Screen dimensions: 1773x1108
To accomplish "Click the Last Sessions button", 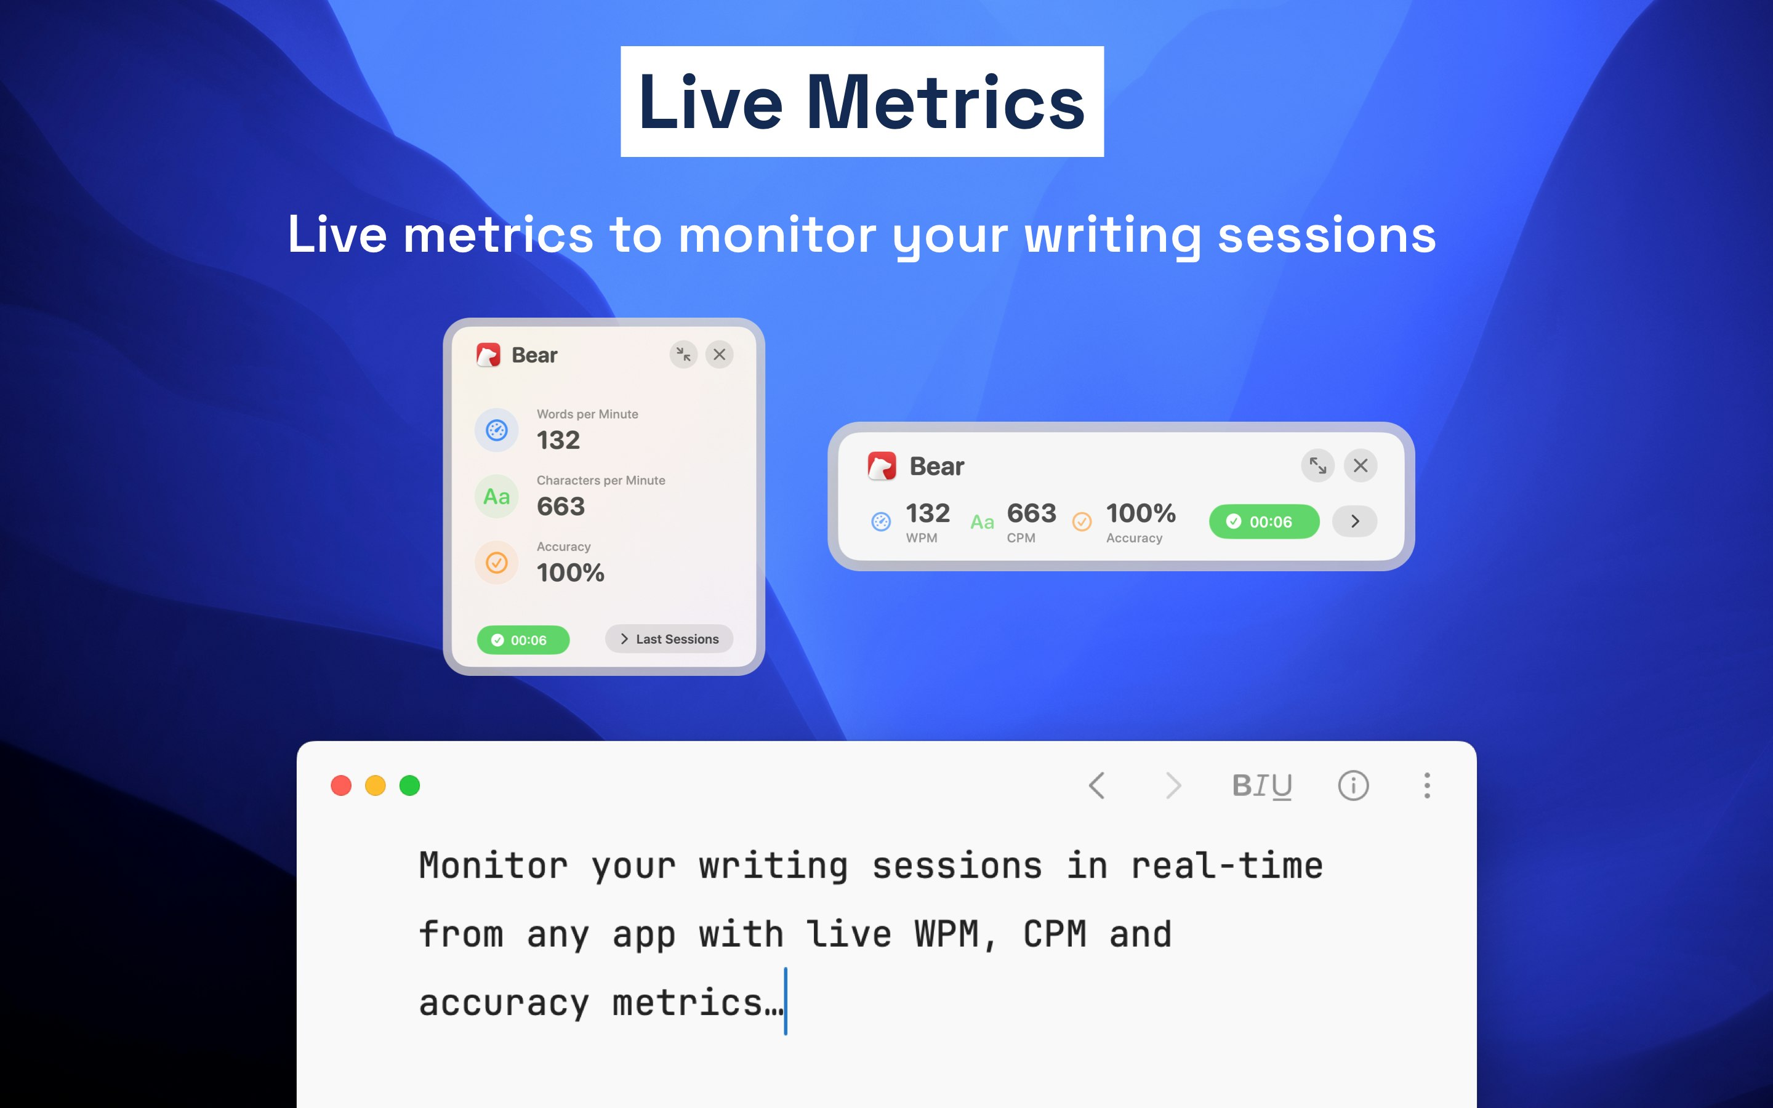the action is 669,639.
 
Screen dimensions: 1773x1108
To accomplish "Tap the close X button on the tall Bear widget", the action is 720,355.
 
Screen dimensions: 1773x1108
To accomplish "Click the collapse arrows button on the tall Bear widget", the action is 683,355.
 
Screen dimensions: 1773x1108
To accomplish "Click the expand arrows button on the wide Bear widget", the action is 1318,465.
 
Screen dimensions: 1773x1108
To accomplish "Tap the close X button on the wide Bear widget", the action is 1361,465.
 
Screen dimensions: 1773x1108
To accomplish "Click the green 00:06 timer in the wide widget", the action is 1264,522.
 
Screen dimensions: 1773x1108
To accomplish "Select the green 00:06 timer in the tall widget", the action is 523,640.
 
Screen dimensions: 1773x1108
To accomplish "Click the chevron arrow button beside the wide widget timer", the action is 1354,522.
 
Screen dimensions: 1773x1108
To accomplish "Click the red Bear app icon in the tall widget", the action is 489,355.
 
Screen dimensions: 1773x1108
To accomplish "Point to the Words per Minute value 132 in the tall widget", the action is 558,440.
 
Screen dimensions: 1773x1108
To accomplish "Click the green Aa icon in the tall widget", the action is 497,497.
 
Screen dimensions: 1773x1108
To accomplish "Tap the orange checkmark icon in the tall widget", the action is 497,563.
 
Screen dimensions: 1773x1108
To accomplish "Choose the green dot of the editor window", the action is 409,785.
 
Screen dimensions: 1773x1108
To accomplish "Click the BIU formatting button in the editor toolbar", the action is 1261,786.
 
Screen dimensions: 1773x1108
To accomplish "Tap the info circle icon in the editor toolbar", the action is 1353,785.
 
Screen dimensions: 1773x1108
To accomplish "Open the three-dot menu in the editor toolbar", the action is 1427,785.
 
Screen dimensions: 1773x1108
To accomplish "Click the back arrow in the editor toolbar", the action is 1097,785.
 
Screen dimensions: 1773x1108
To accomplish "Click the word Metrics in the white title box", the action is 945,103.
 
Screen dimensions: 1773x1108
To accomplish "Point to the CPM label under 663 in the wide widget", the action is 1021,538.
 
